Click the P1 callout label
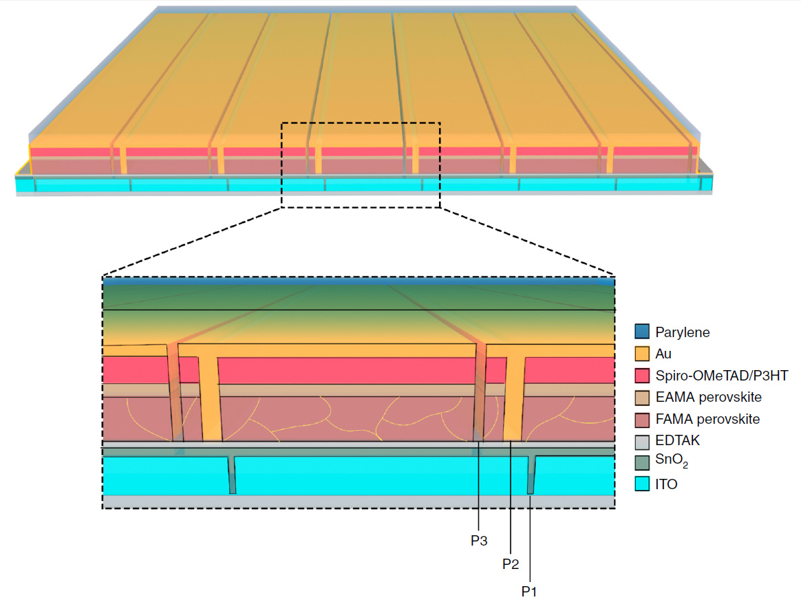coord(529,590)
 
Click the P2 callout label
coord(510,564)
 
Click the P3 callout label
coord(479,541)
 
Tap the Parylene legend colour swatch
coord(642,332)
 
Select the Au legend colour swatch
coord(642,354)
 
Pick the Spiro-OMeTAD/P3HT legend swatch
coord(642,376)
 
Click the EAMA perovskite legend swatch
coord(642,398)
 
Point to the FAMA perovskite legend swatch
coord(642,419)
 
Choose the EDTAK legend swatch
coord(642,441)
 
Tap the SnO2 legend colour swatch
coord(642,462)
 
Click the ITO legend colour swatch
coord(642,484)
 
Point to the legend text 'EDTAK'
coord(678,441)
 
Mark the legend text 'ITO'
coord(666,484)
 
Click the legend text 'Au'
coord(664,354)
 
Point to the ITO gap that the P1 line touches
coord(531,475)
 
